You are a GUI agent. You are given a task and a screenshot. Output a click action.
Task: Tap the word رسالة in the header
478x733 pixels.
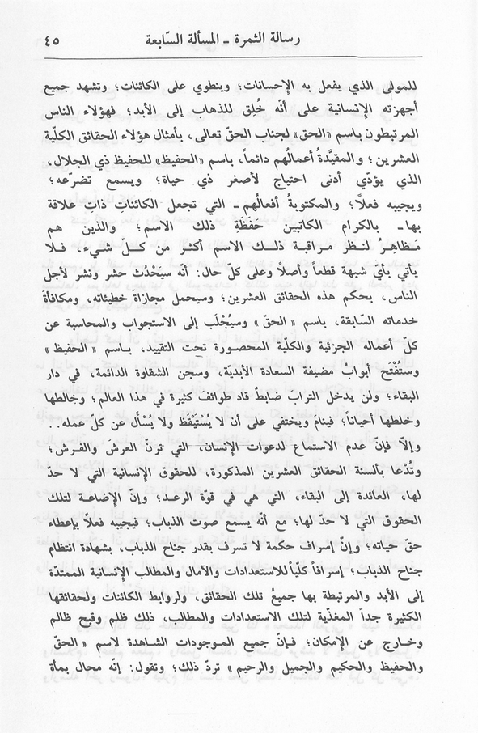tap(335, 38)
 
